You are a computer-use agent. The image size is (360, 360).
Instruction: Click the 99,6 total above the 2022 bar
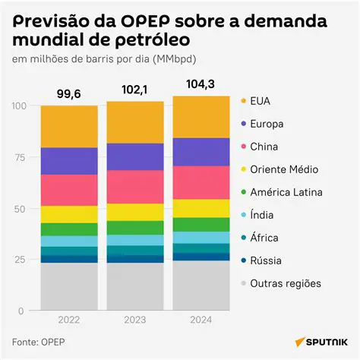(69, 93)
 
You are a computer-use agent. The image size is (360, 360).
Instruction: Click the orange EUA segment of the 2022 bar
(69, 126)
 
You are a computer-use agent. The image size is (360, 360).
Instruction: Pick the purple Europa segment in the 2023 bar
(135, 156)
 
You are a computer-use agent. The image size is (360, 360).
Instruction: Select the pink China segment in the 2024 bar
(201, 182)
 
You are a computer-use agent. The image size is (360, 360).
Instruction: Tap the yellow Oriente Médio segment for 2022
(69, 214)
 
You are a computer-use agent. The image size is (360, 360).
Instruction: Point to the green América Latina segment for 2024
(201, 224)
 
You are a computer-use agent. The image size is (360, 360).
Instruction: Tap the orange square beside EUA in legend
(243, 101)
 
